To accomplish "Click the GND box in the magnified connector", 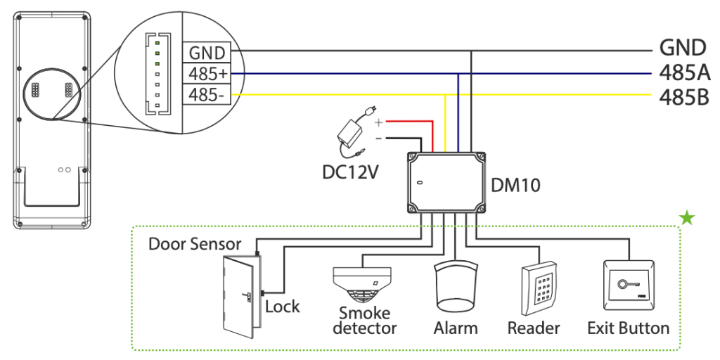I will (207, 53).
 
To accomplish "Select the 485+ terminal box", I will (207, 73).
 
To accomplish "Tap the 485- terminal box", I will (207, 94).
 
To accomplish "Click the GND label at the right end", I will (683, 48).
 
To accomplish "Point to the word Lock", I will (282, 307).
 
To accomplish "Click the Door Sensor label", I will (195, 244).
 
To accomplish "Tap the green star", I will (688, 217).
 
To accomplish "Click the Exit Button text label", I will (628, 328).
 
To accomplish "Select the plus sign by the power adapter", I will (379, 122).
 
